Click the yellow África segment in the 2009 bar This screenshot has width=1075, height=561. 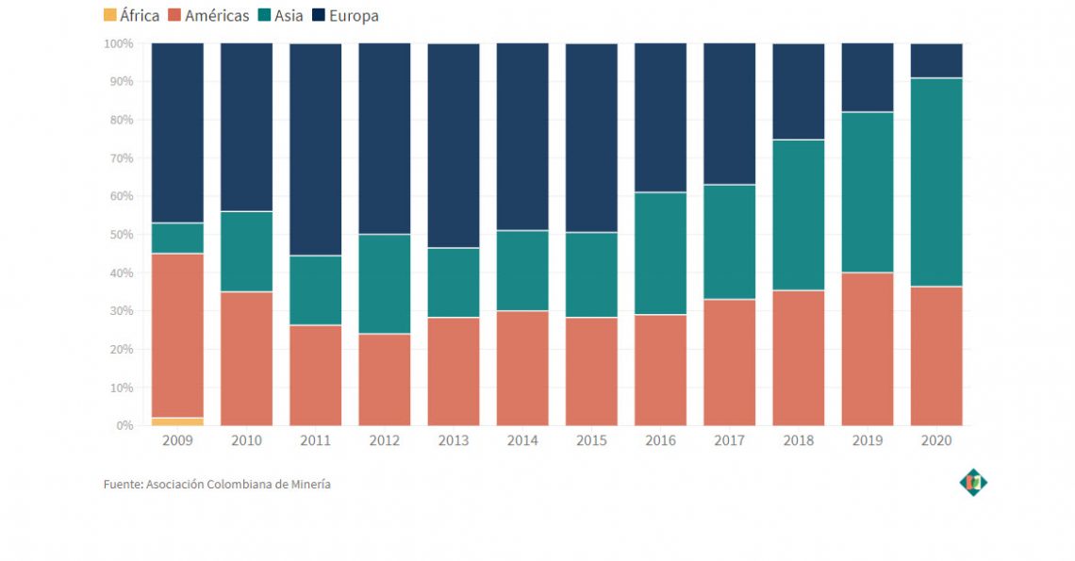(177, 421)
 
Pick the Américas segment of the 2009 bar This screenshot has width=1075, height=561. (177, 335)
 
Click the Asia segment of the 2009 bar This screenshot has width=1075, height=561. (177, 238)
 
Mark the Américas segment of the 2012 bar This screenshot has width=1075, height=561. (385, 379)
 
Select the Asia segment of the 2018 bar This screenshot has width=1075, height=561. (799, 215)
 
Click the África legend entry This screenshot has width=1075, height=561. (130, 15)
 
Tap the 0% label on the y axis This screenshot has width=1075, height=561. (124, 426)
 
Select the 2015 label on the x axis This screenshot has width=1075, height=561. (591, 441)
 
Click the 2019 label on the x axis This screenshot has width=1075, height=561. (868, 441)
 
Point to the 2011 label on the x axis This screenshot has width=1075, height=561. (315, 441)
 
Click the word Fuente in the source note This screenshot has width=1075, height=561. (123, 485)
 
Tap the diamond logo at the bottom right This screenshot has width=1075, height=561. (973, 483)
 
